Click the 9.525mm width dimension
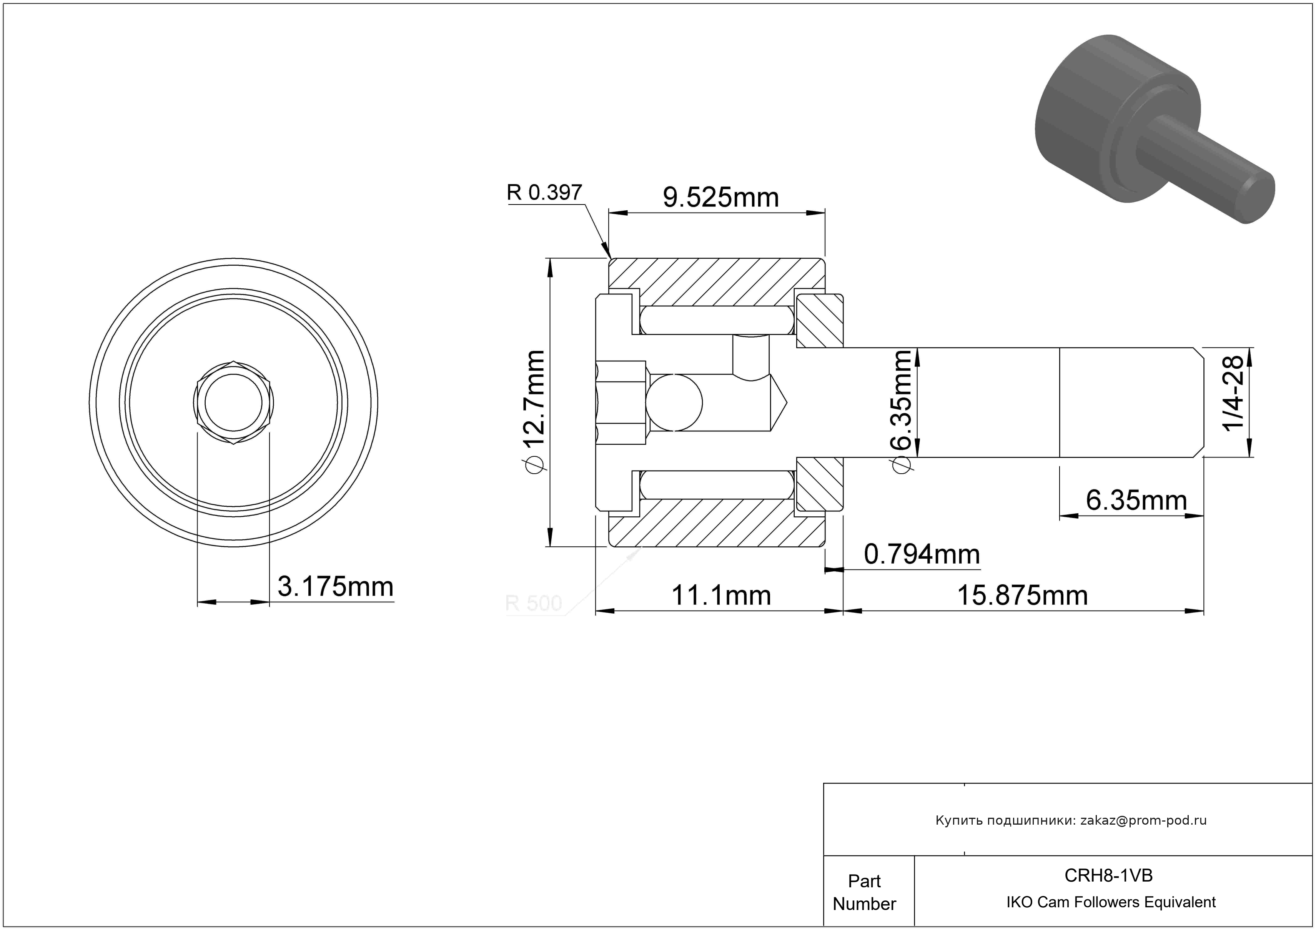pyautogui.click(x=720, y=198)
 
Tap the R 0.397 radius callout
pyautogui.click(x=544, y=193)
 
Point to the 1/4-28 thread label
pyautogui.click(x=1233, y=393)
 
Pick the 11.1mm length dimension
pyautogui.click(x=721, y=596)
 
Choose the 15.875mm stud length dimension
pyautogui.click(x=1023, y=596)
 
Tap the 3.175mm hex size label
pyautogui.click(x=335, y=587)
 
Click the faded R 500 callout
pyautogui.click(x=533, y=603)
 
